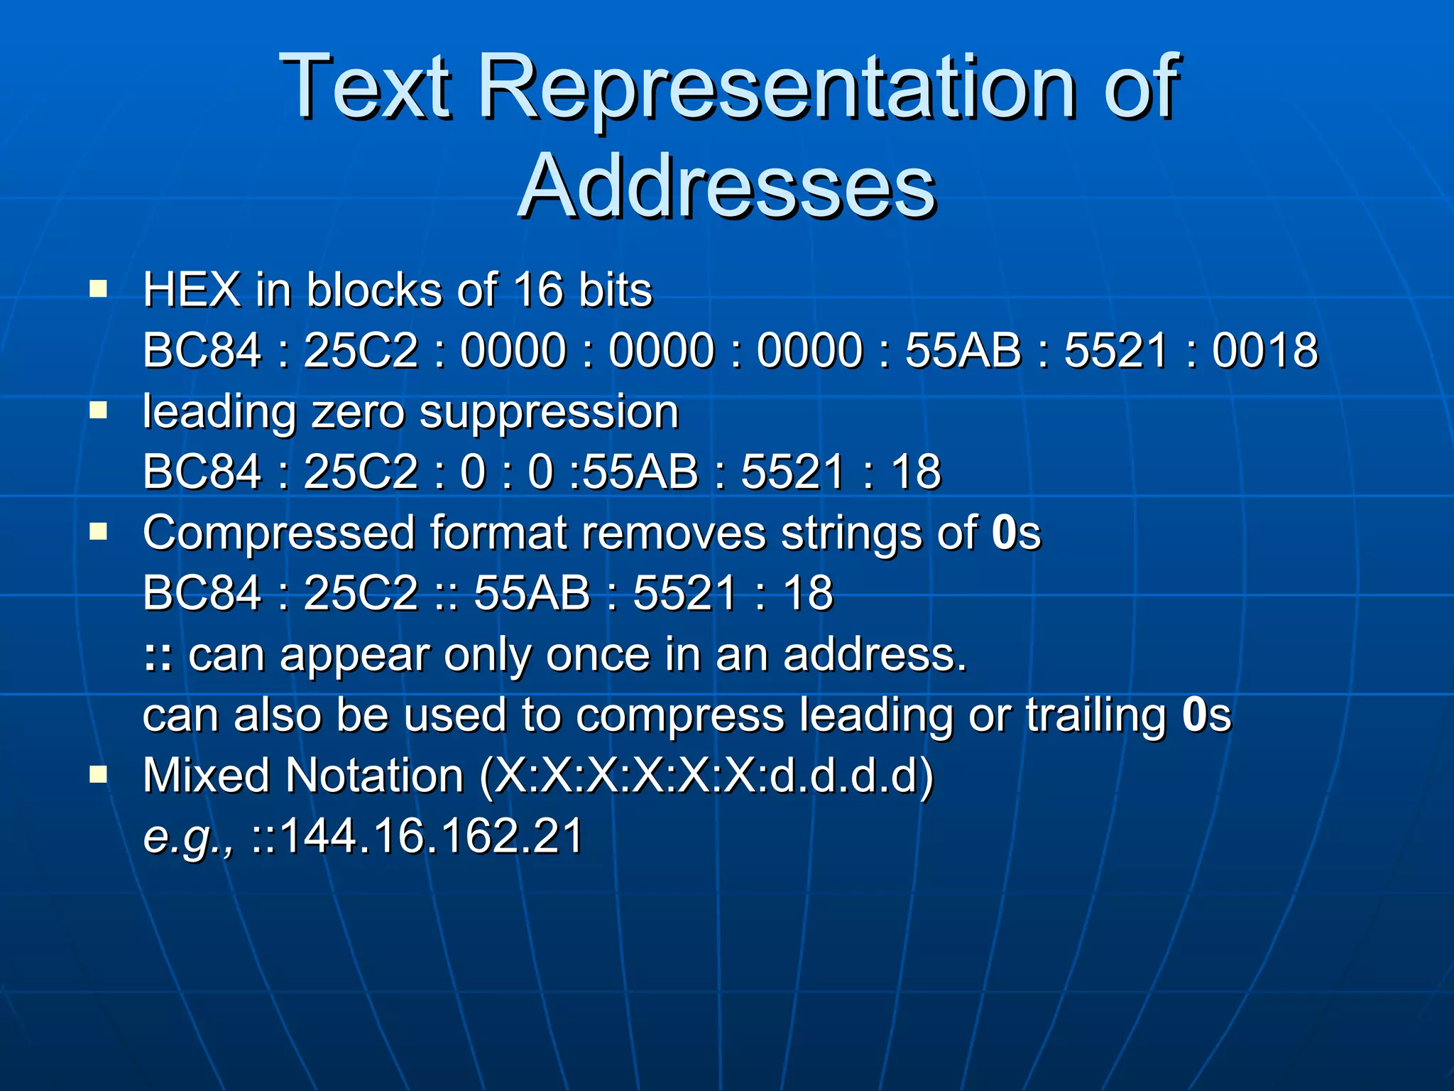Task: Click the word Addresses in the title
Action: (x=727, y=186)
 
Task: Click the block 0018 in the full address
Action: (x=1264, y=350)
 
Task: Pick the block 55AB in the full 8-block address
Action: (x=963, y=350)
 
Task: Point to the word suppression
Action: (x=549, y=412)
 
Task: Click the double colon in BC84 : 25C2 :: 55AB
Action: (x=447, y=594)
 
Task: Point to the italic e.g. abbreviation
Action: (x=187, y=836)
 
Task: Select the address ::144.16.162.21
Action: (x=417, y=836)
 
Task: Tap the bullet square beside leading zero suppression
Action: (x=98, y=411)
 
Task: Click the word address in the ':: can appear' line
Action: (x=874, y=654)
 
